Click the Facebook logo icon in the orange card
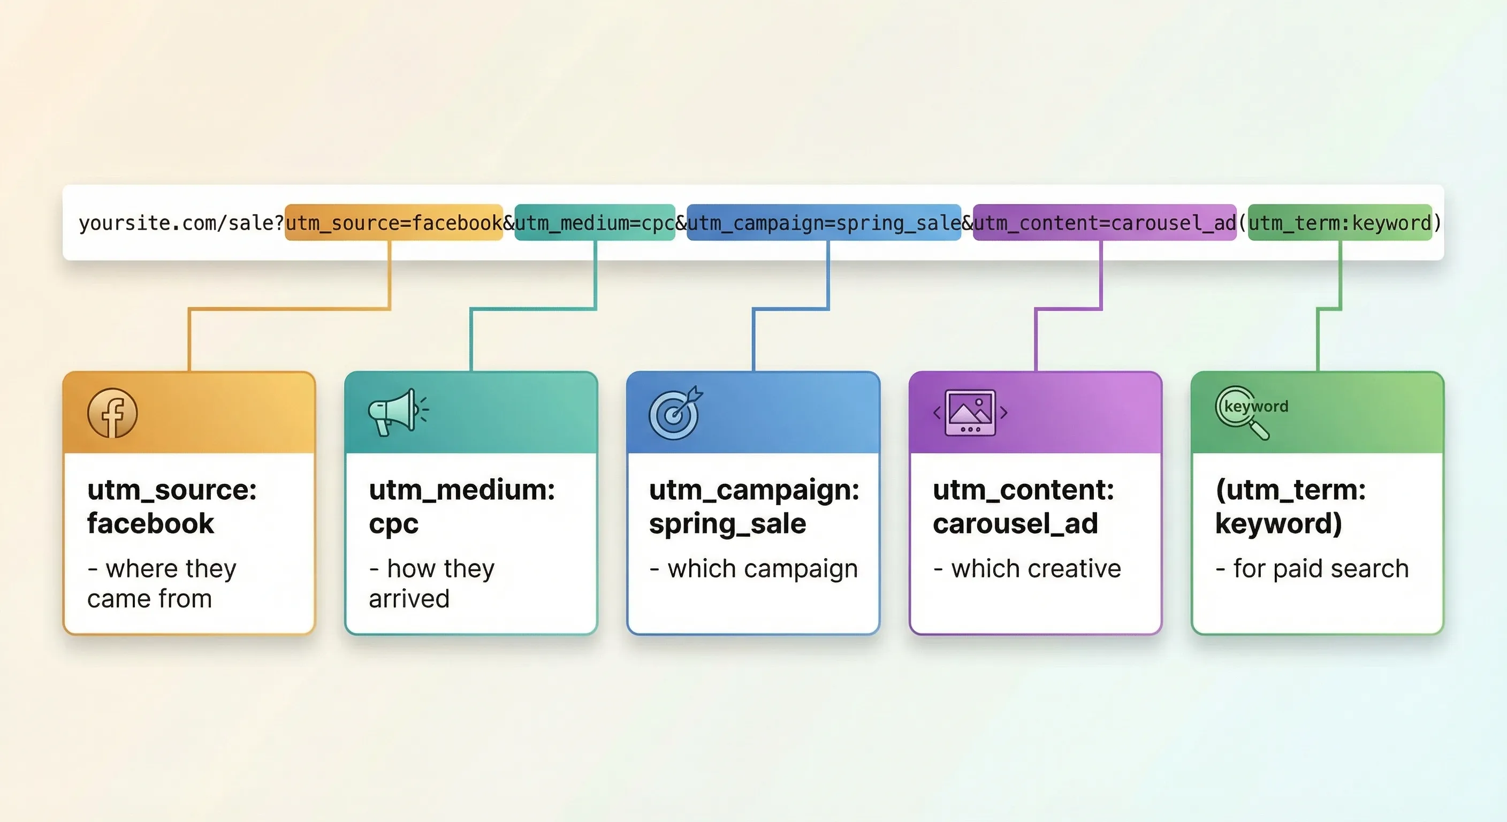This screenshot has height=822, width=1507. coord(112,413)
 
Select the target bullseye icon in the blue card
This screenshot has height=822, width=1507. coord(676,413)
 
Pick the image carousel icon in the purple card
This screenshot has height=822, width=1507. coord(970,413)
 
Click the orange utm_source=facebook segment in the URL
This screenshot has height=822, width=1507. coord(394,222)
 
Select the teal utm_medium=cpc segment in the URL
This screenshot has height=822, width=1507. coord(595,222)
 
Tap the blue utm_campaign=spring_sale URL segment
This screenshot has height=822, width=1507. coord(824,222)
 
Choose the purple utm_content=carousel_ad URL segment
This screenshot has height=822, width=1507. coord(1105,222)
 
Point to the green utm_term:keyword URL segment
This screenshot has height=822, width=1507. coord(1340,222)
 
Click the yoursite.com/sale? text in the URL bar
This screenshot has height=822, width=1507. coord(181,223)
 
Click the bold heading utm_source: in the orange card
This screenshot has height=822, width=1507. coord(172,490)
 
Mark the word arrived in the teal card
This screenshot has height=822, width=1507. coord(409,599)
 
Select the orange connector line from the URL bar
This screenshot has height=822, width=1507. coord(289,308)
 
